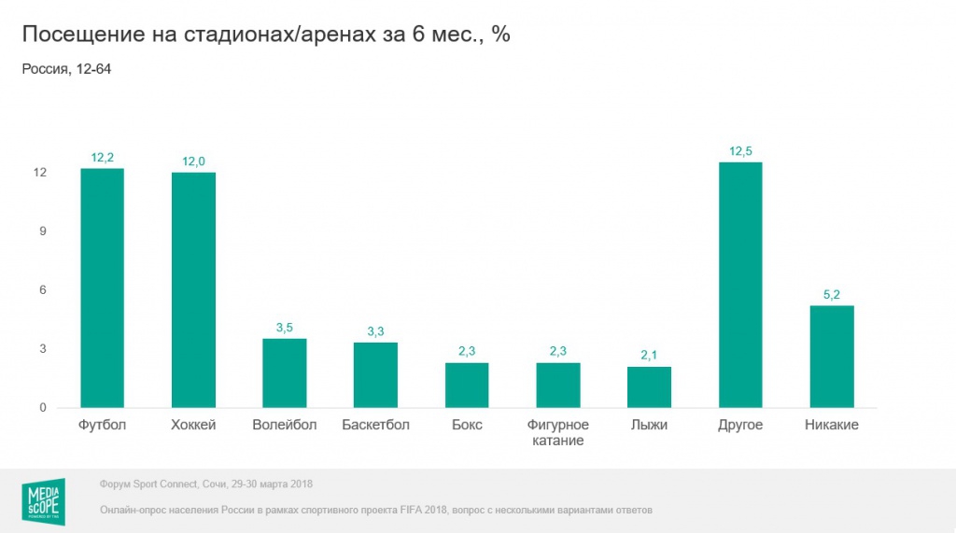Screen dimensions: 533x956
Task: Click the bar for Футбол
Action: [x=102, y=288]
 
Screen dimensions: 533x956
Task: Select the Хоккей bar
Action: [x=193, y=289]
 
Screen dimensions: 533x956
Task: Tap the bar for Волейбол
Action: [x=285, y=372]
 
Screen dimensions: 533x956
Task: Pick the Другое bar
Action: [x=740, y=285]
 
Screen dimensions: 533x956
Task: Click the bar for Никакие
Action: [x=832, y=356]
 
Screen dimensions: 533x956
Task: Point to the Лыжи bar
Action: [x=649, y=386]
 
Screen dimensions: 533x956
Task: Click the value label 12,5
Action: [x=740, y=151]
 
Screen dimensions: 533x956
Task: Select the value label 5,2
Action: [x=832, y=295]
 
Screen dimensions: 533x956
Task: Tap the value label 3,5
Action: [x=285, y=328]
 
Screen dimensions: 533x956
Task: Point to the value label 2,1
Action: [x=649, y=356]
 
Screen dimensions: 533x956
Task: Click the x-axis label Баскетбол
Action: [x=375, y=426]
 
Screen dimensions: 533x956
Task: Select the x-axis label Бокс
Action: [x=467, y=426]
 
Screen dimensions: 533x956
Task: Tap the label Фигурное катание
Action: [x=558, y=433]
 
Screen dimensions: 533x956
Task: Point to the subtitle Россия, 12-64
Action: [x=66, y=68]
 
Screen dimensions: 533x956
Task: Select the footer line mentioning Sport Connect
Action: [x=205, y=484]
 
